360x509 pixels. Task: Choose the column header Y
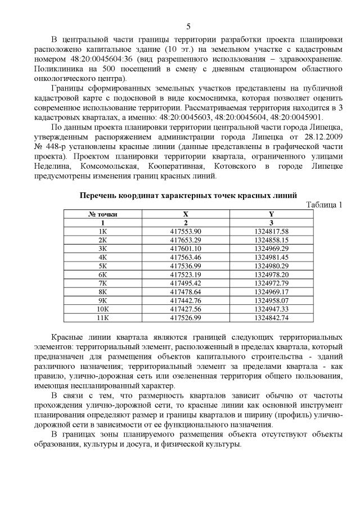(x=271, y=214)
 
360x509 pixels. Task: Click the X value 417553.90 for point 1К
(x=185, y=231)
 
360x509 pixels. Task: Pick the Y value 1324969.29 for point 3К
(x=271, y=248)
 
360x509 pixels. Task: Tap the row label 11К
(x=103, y=317)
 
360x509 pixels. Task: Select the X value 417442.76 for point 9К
(x=185, y=300)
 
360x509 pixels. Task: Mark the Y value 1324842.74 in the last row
(x=271, y=317)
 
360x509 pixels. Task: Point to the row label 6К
(x=103, y=274)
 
